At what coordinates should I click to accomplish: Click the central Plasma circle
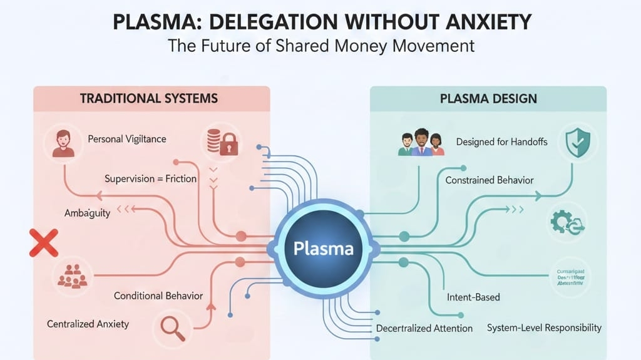pyautogui.click(x=323, y=248)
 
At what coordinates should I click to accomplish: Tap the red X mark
pyautogui.click(x=44, y=243)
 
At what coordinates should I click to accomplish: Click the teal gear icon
pyautogui.click(x=567, y=222)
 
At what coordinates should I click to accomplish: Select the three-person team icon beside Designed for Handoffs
pyautogui.click(x=421, y=142)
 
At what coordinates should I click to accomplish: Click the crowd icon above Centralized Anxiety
pyautogui.click(x=72, y=276)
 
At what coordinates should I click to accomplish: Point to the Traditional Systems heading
pyautogui.click(x=148, y=98)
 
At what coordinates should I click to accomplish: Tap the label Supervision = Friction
pyautogui.click(x=150, y=178)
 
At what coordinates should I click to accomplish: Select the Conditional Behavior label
pyautogui.click(x=158, y=296)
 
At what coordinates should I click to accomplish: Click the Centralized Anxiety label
pyautogui.click(x=88, y=324)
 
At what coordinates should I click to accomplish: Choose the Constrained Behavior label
pyautogui.click(x=490, y=180)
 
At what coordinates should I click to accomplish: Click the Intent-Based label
pyautogui.click(x=473, y=297)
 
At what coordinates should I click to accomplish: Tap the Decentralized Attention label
pyautogui.click(x=424, y=329)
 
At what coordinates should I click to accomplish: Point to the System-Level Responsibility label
pyautogui.click(x=543, y=327)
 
